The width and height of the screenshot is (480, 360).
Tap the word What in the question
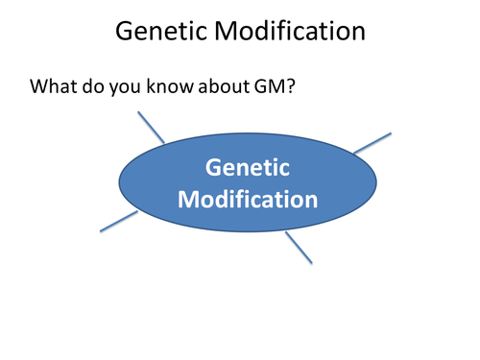pos(54,86)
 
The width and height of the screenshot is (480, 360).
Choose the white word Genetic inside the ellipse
pos(247,168)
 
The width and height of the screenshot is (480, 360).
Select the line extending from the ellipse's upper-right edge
pos(372,143)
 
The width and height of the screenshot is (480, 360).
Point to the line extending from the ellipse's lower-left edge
pos(119,221)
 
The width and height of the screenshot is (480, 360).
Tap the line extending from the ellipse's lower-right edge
pos(299,248)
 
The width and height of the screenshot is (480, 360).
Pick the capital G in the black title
pos(124,32)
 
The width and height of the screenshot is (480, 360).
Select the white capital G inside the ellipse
pos(214,168)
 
